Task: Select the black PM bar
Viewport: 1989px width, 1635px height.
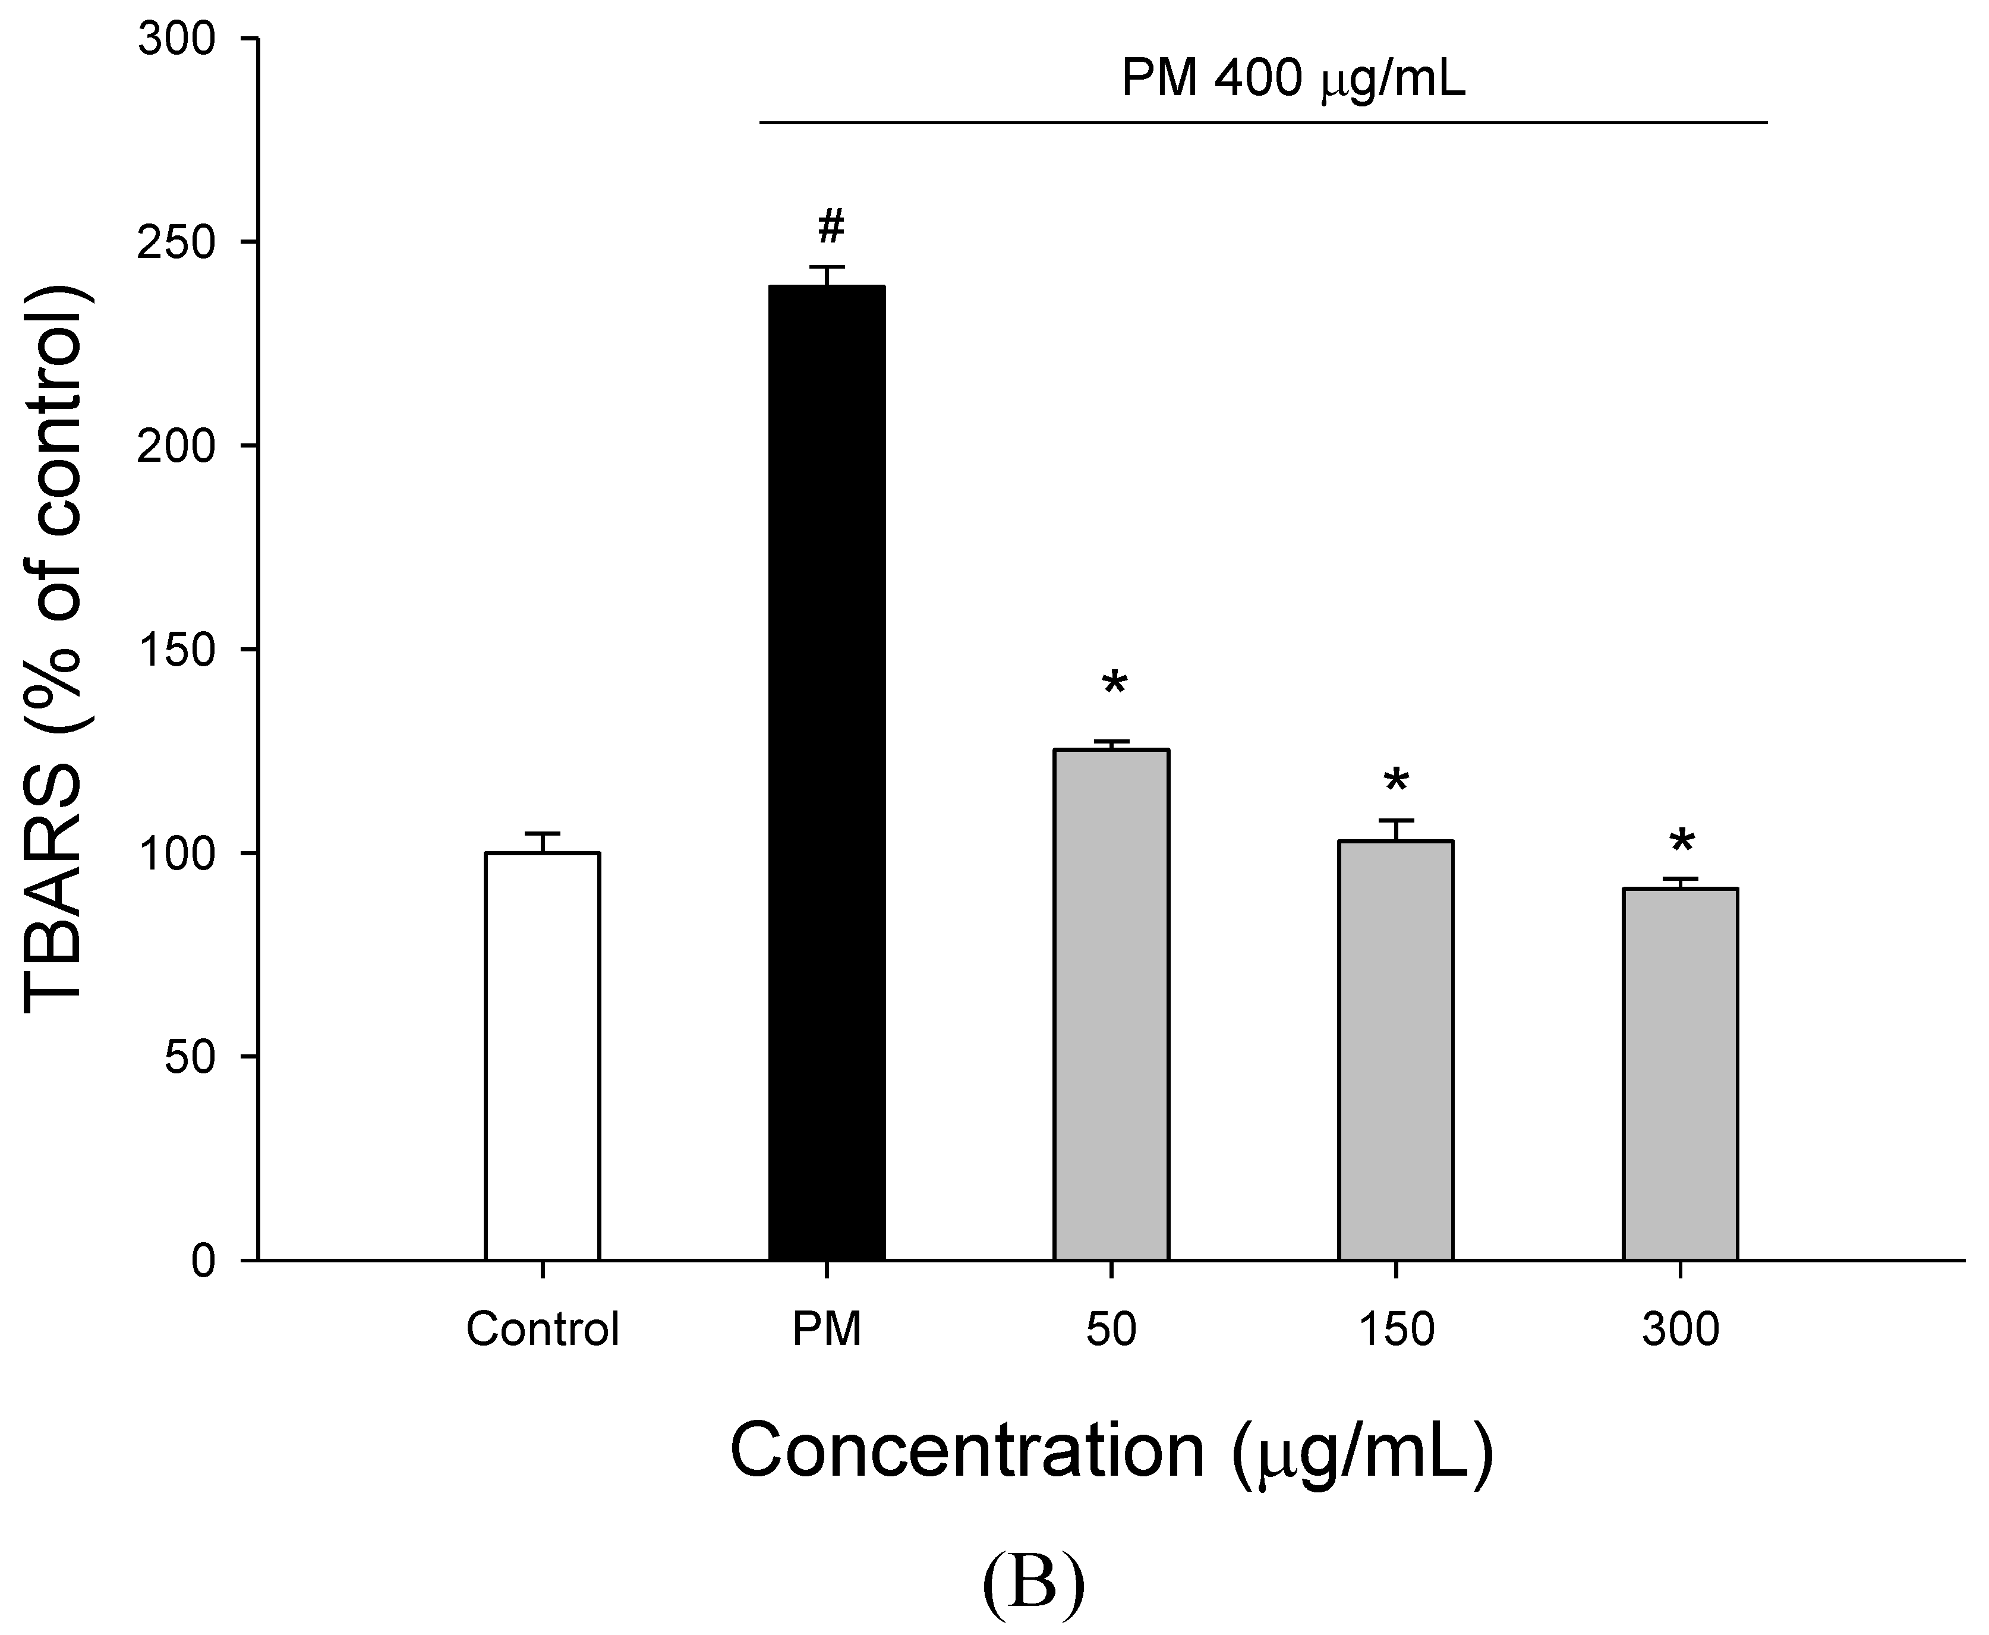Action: (827, 772)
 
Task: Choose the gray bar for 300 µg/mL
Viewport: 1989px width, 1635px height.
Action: (1680, 1074)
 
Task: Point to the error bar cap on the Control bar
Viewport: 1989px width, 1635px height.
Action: (543, 833)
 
